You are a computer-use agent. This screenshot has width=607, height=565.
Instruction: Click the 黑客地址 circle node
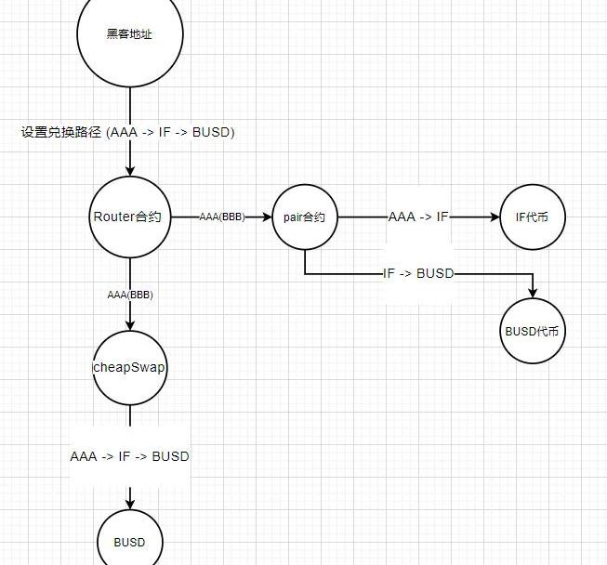[129, 35]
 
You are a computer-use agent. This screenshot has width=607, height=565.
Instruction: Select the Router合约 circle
[129, 217]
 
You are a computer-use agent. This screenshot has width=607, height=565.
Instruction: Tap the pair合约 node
[304, 217]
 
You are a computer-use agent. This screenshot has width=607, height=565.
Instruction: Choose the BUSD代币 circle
[534, 331]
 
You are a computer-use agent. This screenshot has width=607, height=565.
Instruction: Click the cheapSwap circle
[129, 368]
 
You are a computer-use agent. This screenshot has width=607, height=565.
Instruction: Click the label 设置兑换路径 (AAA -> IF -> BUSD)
[128, 133]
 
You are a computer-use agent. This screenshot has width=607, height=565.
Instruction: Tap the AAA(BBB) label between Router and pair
[221, 217]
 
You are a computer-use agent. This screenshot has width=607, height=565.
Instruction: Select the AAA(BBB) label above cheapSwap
[129, 295]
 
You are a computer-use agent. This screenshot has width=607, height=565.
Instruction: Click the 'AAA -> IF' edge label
[418, 217]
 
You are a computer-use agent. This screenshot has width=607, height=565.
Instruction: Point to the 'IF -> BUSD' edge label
[418, 274]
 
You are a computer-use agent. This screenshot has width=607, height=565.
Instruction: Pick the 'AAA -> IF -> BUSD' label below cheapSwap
[129, 456]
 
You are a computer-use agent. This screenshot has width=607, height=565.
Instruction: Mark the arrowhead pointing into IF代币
[495, 217]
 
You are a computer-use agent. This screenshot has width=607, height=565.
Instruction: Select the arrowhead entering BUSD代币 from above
[534, 293]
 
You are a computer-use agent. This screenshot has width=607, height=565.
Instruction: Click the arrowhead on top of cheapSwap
[129, 326]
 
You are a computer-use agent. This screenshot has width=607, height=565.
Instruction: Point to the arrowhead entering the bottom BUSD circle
[129, 503]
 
